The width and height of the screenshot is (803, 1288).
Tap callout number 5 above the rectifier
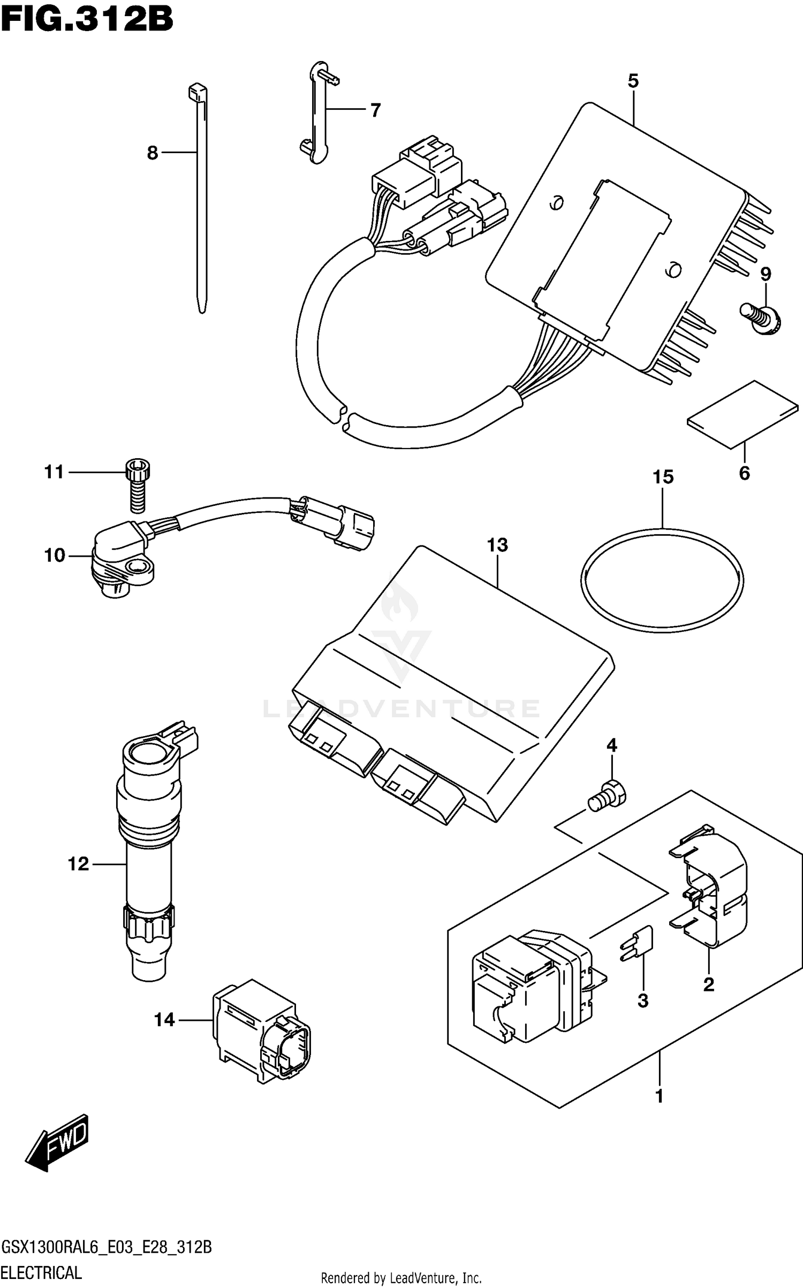(633, 81)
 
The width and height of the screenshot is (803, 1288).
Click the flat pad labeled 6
(743, 414)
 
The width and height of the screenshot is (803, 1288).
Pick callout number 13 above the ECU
(497, 545)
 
